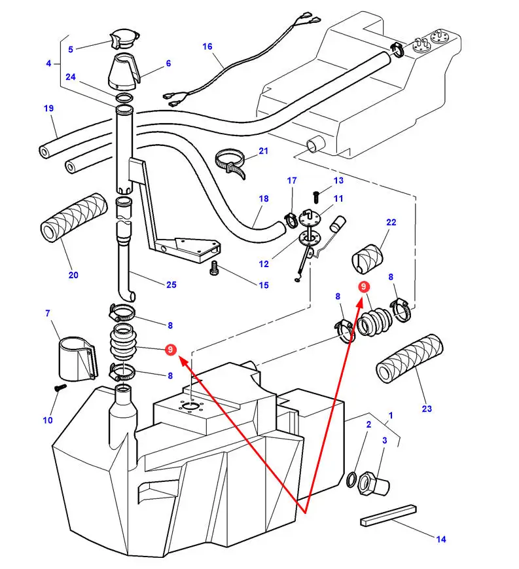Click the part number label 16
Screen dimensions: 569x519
click(x=207, y=46)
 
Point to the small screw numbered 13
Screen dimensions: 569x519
click(x=316, y=194)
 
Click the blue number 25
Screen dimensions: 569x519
click(x=171, y=284)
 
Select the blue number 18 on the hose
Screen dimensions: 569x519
click(x=264, y=198)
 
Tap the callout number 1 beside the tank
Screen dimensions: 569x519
click(x=391, y=415)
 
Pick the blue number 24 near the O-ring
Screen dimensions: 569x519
click(x=71, y=77)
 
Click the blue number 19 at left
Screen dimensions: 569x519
click(x=49, y=109)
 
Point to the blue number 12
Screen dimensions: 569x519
click(x=264, y=264)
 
